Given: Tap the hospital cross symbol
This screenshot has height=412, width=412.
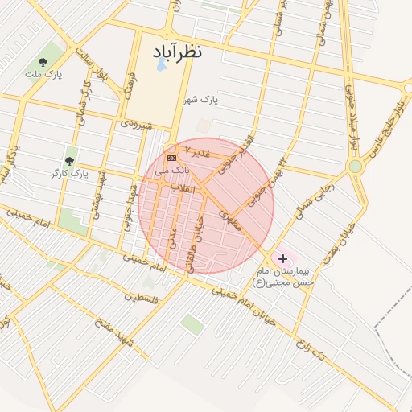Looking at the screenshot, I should coord(282,257).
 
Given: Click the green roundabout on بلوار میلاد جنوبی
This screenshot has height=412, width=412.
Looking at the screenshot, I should coord(354,166).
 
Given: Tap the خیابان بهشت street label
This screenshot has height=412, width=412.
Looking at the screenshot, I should coord(335,253).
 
